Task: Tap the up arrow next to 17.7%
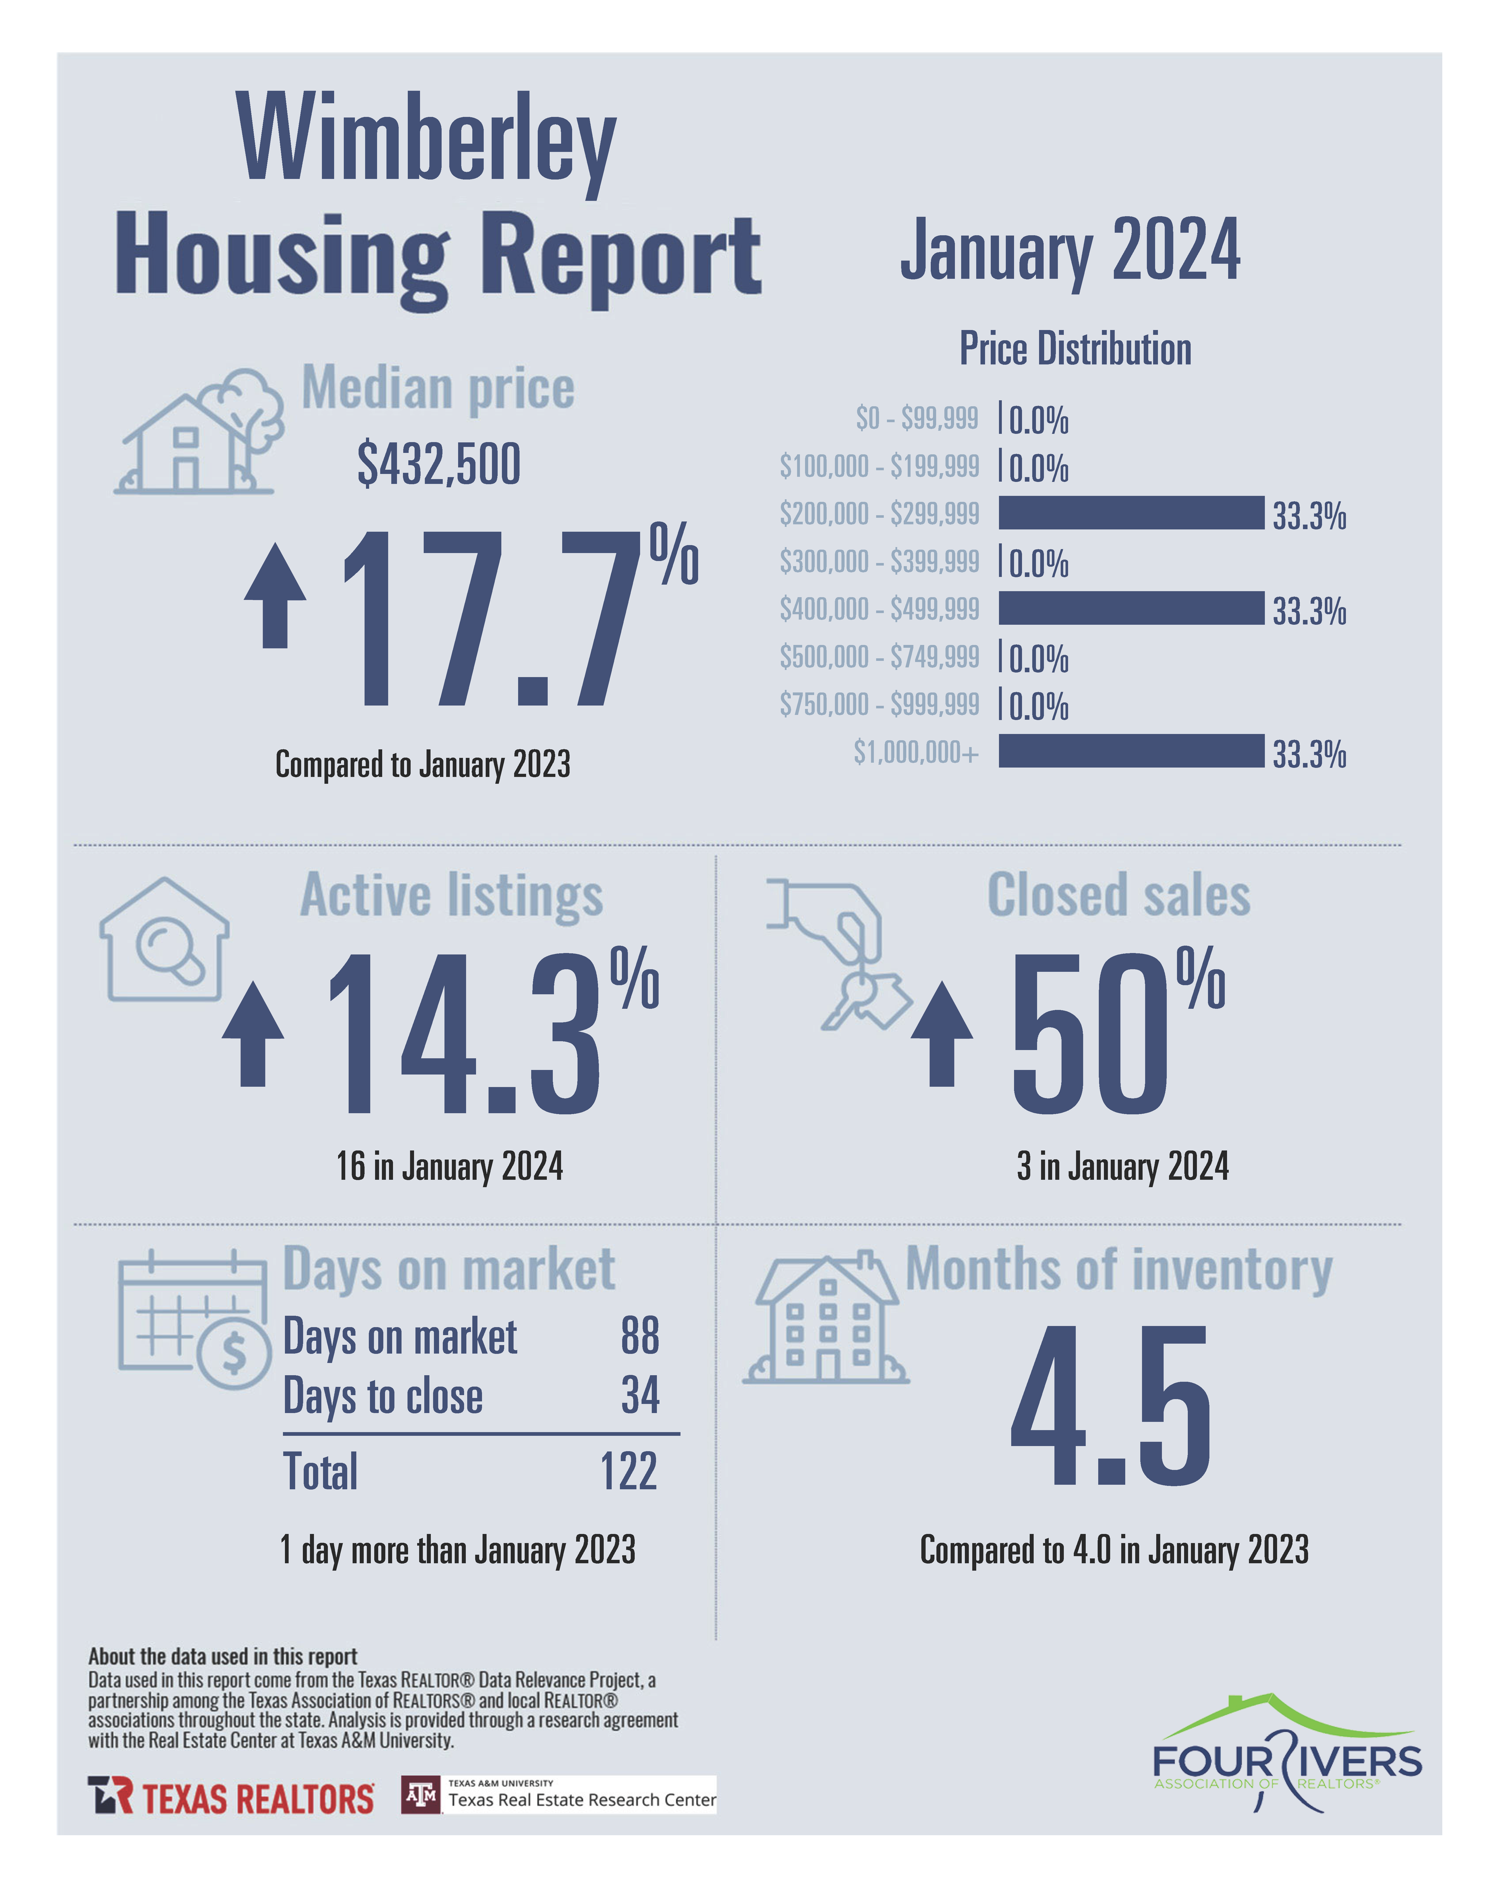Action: pos(275,595)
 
